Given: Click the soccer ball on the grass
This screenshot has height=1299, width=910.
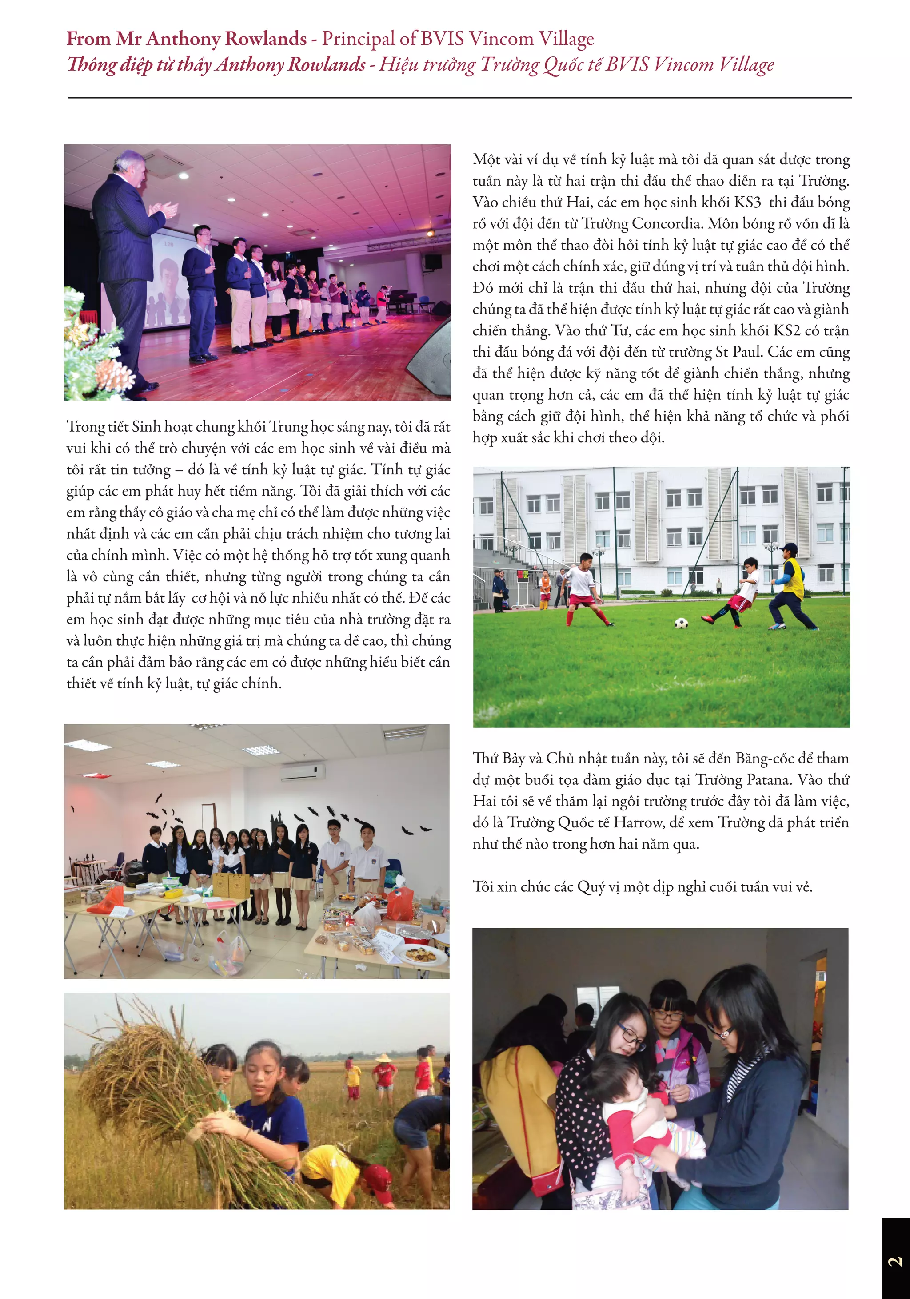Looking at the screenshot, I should click(x=681, y=623).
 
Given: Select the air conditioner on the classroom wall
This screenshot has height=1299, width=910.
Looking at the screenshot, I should click(x=303, y=772).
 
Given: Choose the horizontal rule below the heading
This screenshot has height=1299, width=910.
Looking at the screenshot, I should click(x=459, y=97).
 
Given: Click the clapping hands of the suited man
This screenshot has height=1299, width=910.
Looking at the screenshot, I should click(x=164, y=211).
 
